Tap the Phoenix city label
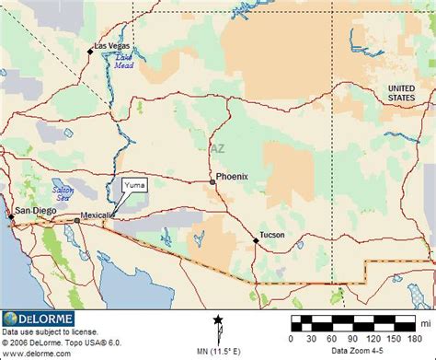pyautogui.click(x=233, y=176)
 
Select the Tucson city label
pyautogui.click(x=272, y=235)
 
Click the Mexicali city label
pyautogui.click(x=98, y=215)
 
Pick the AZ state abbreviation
pyautogui.click(x=217, y=147)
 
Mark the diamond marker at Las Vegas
pyautogui.click(x=90, y=51)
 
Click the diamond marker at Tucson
pyautogui.click(x=256, y=240)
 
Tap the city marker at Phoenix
pyautogui.click(x=212, y=182)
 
